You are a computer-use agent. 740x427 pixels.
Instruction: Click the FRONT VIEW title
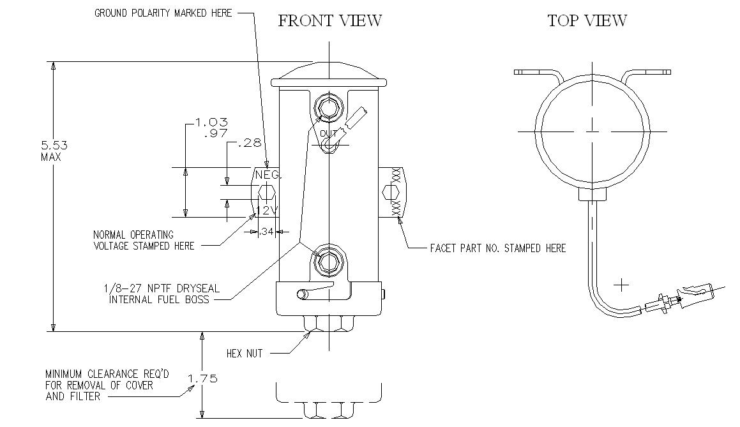[x=329, y=21]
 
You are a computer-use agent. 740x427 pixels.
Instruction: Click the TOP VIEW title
[x=587, y=21]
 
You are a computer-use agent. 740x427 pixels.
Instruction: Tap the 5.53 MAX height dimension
[x=54, y=150]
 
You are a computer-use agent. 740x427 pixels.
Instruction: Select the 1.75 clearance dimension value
[x=202, y=378]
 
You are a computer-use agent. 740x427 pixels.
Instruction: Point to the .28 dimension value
[x=250, y=143]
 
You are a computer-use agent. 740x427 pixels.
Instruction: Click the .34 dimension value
[x=266, y=232]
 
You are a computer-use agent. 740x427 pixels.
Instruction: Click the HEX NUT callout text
[x=244, y=354]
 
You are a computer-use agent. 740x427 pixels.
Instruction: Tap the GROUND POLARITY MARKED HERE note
[x=163, y=13]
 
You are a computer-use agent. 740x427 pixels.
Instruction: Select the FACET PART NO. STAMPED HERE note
[x=497, y=248]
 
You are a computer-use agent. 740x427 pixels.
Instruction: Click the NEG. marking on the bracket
[x=268, y=175]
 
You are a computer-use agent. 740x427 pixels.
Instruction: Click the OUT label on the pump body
[x=328, y=133]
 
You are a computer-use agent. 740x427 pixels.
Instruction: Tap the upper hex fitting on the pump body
[x=328, y=107]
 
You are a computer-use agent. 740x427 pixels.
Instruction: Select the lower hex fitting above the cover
[x=328, y=261]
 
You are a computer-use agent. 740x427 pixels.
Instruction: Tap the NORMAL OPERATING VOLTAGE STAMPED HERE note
[x=144, y=240]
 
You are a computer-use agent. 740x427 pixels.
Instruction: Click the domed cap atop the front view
[x=329, y=73]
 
